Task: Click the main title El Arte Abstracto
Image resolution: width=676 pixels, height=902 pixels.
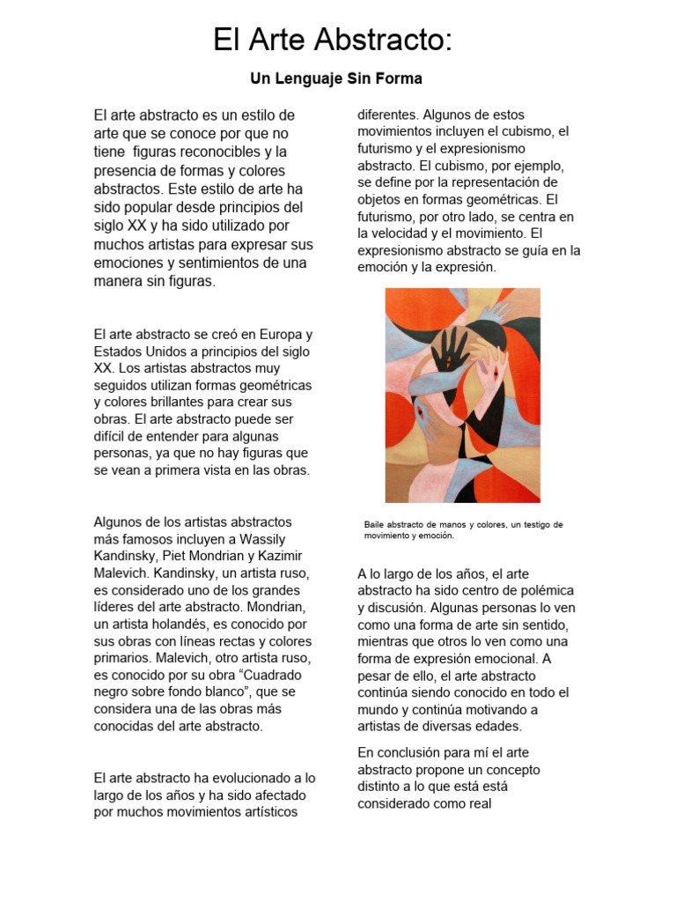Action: click(x=333, y=41)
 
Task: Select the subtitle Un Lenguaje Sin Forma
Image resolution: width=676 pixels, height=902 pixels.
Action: click(x=336, y=79)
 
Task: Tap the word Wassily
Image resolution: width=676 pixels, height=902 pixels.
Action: click(x=266, y=539)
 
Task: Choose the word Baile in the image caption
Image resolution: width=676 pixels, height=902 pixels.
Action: click(x=377, y=525)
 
